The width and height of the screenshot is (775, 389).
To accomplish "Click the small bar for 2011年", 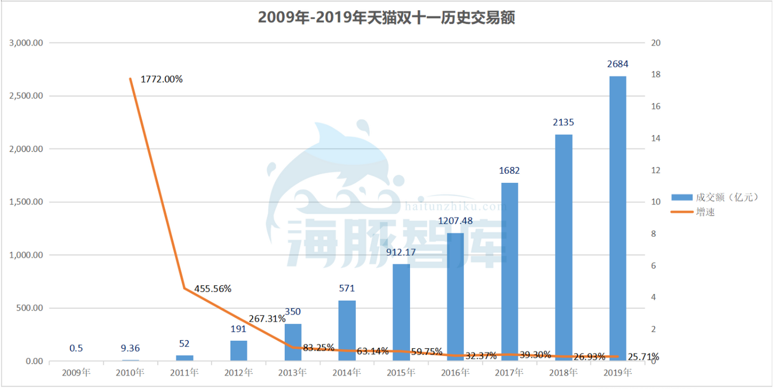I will tap(184, 358).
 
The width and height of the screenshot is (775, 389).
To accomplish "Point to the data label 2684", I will tap(617, 64).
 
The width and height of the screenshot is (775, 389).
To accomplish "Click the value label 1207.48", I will tap(455, 221).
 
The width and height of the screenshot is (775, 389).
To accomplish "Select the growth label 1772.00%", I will tap(161, 79).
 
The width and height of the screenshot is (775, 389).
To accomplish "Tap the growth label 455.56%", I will tap(213, 289).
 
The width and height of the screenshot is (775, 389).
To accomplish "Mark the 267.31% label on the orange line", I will tap(267, 319).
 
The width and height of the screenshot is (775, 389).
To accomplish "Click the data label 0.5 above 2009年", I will tap(76, 348).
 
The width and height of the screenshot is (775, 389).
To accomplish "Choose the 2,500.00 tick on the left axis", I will tap(26, 96).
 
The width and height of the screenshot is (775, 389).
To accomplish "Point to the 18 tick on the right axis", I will tap(656, 74).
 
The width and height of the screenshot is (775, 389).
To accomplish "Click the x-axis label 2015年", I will tap(401, 373).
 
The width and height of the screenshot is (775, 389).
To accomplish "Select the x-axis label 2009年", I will tap(76, 373).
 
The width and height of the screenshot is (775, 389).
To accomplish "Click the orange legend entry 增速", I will tap(705, 212).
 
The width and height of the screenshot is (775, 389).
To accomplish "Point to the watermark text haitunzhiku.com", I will tap(455, 207).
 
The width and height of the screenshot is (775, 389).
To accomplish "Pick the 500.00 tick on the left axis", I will tap(29, 308).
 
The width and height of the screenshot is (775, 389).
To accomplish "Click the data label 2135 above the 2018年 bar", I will tap(563, 122).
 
